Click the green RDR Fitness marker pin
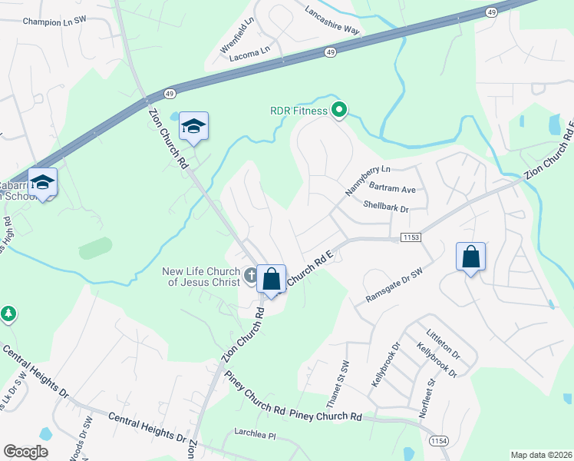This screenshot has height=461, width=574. pos(338,111)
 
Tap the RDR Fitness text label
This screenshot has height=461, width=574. pos(299,111)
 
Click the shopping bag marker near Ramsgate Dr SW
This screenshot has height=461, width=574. pos(470,257)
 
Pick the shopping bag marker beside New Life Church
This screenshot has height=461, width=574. pos(271,279)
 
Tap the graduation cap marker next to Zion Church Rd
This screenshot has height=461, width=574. pos(193,128)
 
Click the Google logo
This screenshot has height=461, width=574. pos(25,451)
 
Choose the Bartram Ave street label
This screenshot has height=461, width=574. pos(391,189)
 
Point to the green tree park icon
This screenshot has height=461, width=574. pos(8,313)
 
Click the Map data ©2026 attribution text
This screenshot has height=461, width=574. pos(541,454)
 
